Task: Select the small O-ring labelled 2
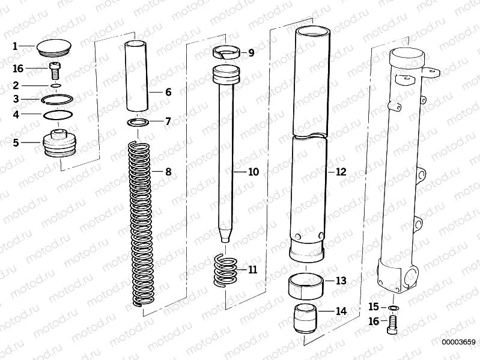[x=56, y=86]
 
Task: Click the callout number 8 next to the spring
[x=168, y=172]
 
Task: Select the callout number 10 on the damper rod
[x=253, y=172]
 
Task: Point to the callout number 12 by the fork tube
[x=341, y=172]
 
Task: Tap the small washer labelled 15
[x=392, y=308]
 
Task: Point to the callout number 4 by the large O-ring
[x=16, y=114]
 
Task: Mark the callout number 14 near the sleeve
[x=341, y=312]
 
